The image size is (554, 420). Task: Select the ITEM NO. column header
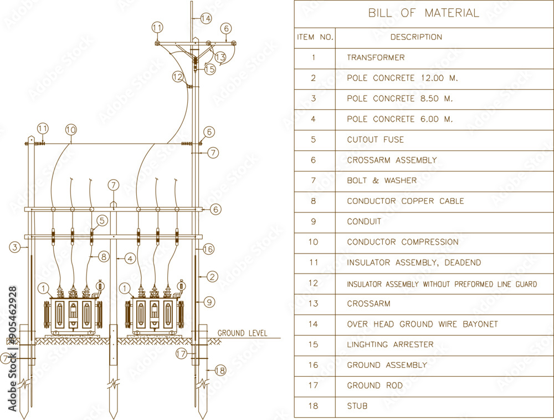(315, 37)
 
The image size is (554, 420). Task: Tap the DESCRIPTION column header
(416, 37)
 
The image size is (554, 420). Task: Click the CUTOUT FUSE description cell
(375, 140)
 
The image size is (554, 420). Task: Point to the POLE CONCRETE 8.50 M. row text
(399, 99)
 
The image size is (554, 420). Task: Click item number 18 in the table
(314, 406)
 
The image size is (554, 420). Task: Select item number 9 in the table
(314, 221)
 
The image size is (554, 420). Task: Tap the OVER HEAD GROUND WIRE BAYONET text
(422, 324)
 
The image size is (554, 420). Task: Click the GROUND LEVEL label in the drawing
(242, 333)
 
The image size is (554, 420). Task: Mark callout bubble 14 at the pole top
(206, 18)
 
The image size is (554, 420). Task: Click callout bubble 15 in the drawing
(209, 69)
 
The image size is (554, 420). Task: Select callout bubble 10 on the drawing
(70, 130)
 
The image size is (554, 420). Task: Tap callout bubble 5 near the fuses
(101, 220)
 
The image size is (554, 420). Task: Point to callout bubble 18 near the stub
(220, 370)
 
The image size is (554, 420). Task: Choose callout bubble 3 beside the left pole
(16, 246)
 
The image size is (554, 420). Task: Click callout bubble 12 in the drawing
(177, 77)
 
